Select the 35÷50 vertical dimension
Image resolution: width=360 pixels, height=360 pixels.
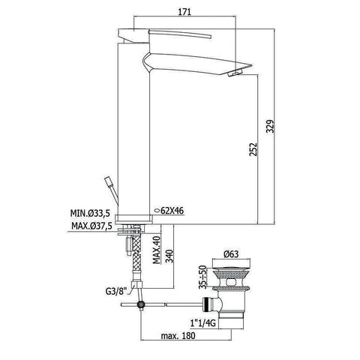coord(202,277)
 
